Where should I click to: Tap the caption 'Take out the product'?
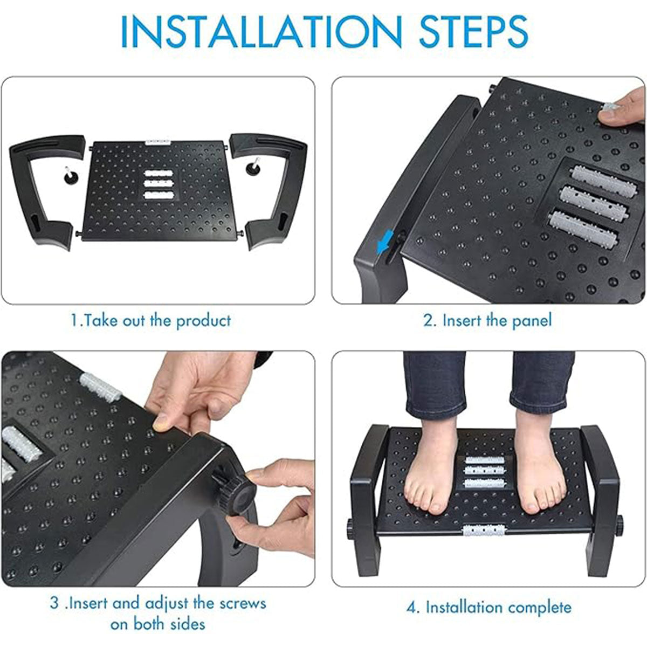(151, 320)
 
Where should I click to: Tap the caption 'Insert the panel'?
(487, 320)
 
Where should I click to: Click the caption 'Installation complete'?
(488, 607)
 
